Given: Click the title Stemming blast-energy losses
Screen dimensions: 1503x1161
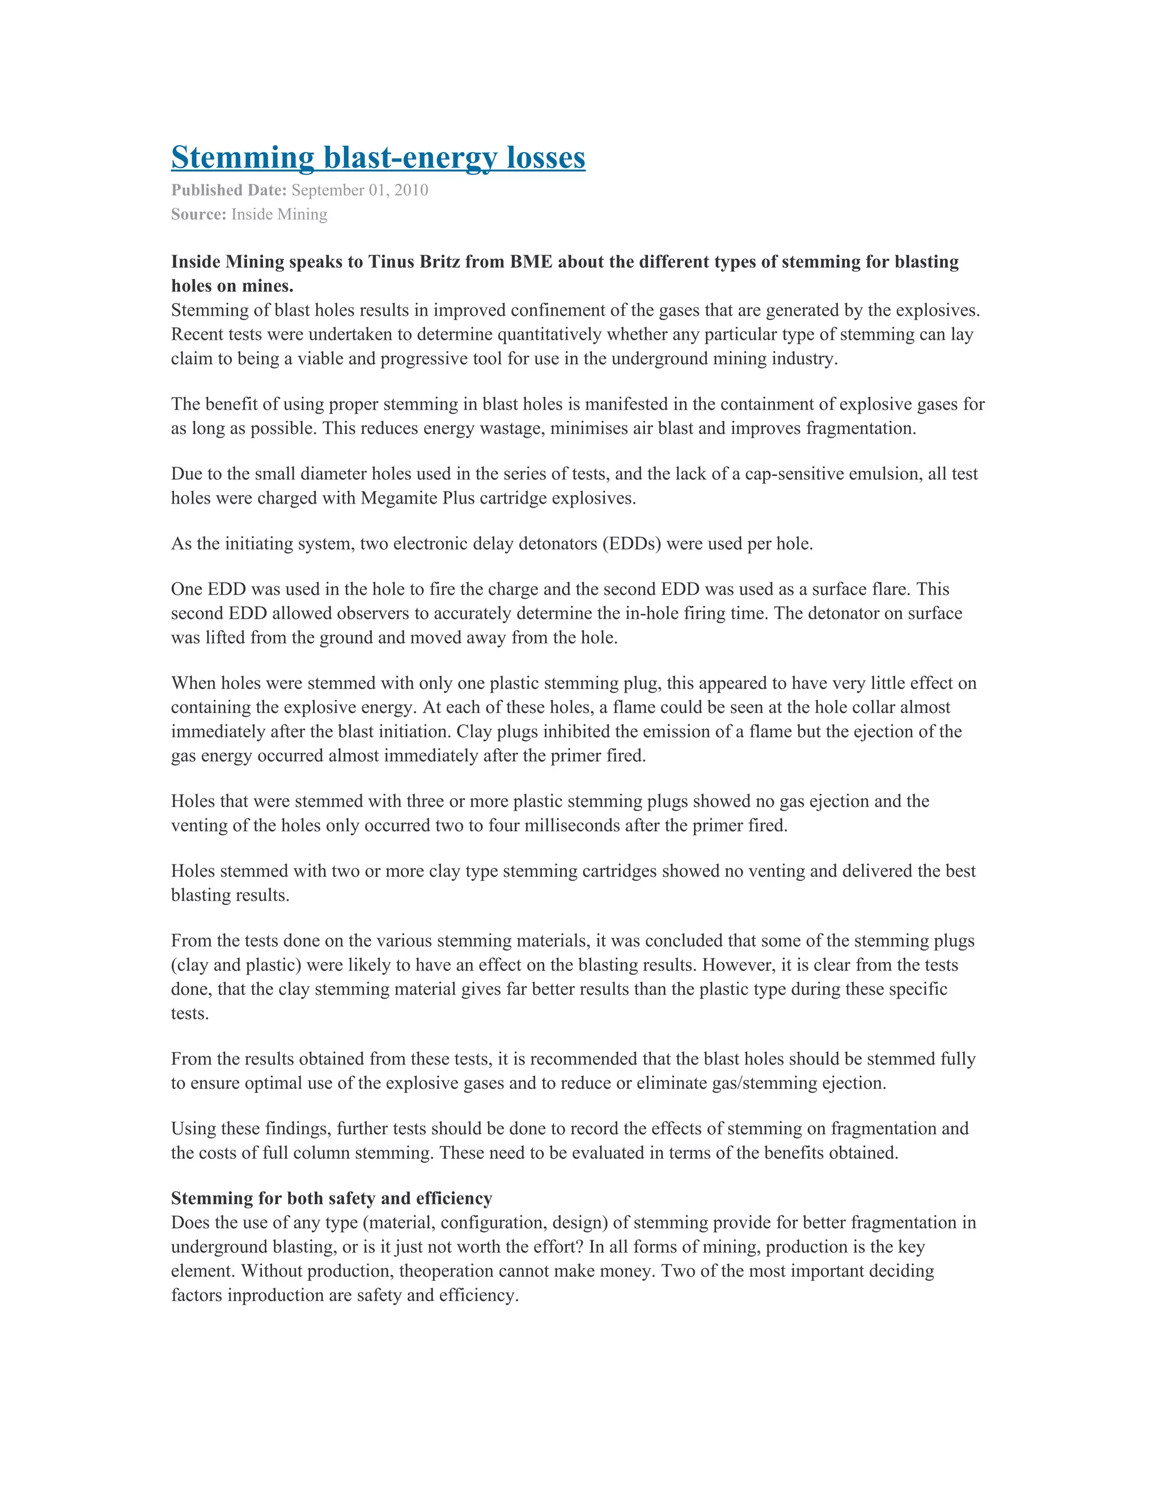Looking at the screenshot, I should pos(378,158).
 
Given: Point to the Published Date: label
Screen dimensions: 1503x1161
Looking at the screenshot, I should pos(228,190).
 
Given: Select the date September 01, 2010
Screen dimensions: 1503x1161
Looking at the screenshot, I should pos(360,190).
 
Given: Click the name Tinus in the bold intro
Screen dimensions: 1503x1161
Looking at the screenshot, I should pos(391,262).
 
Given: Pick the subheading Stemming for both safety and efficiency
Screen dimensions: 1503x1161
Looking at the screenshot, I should pos(332,1198).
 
